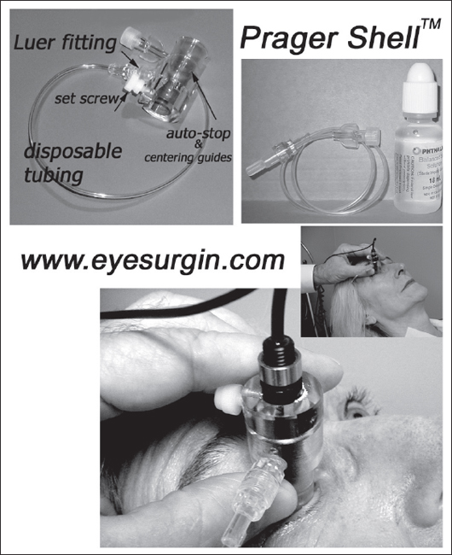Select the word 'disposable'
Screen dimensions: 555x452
tap(73, 152)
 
